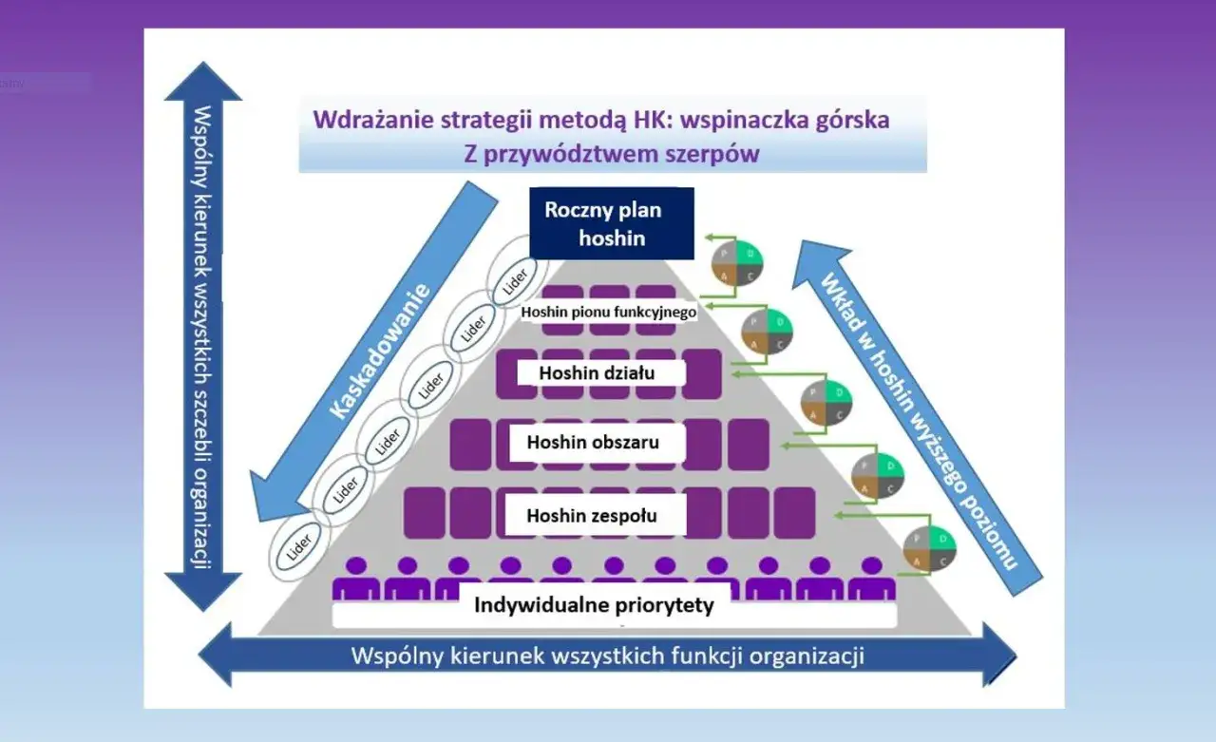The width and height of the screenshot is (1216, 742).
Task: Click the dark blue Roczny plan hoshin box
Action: click(612, 223)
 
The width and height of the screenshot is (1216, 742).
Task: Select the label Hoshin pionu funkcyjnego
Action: click(610, 311)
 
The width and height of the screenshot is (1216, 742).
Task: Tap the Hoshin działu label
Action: click(597, 373)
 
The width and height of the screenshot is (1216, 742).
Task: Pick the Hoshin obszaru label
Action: click(593, 442)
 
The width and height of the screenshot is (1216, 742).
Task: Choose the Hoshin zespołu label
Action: click(592, 517)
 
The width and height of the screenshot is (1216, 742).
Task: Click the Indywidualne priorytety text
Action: click(594, 605)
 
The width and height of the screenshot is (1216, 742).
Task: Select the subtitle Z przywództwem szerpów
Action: click(612, 154)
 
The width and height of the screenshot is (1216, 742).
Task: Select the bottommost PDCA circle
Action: click(929, 548)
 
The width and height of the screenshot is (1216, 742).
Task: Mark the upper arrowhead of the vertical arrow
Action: click(202, 81)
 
